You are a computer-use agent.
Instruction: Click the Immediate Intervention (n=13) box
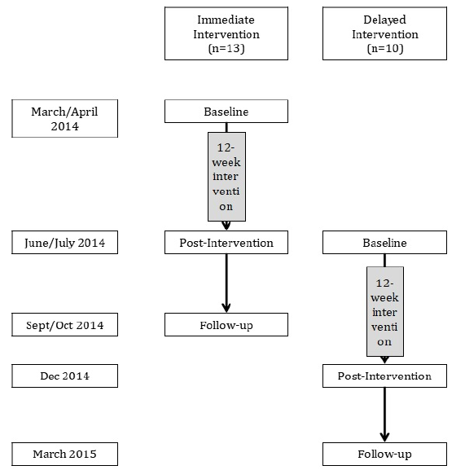(x=226, y=33)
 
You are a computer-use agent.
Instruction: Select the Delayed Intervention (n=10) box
(x=384, y=33)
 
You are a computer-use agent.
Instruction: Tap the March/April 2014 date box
(x=64, y=119)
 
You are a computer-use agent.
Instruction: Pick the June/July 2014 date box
(x=64, y=243)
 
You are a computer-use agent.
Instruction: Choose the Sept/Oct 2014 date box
(x=64, y=325)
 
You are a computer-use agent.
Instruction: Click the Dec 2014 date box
(x=64, y=376)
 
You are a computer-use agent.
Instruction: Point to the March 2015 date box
(x=64, y=454)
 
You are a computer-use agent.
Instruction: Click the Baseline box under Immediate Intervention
(x=226, y=112)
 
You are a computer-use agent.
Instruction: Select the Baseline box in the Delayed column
(x=384, y=243)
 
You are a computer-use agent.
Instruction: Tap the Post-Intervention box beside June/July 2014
(x=226, y=243)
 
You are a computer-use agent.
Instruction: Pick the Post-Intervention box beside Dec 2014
(x=384, y=376)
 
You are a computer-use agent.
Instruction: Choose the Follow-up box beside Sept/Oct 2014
(x=226, y=325)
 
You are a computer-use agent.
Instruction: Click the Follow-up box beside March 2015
(x=384, y=454)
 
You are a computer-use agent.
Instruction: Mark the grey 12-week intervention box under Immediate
(x=227, y=177)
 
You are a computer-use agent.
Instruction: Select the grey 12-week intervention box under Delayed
(x=385, y=311)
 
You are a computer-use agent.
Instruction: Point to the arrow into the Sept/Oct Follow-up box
(x=226, y=283)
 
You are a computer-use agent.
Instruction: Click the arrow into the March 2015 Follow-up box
(x=384, y=415)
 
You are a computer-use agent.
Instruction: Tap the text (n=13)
(x=226, y=48)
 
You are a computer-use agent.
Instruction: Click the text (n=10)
(x=385, y=48)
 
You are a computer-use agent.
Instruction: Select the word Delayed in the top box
(x=384, y=20)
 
